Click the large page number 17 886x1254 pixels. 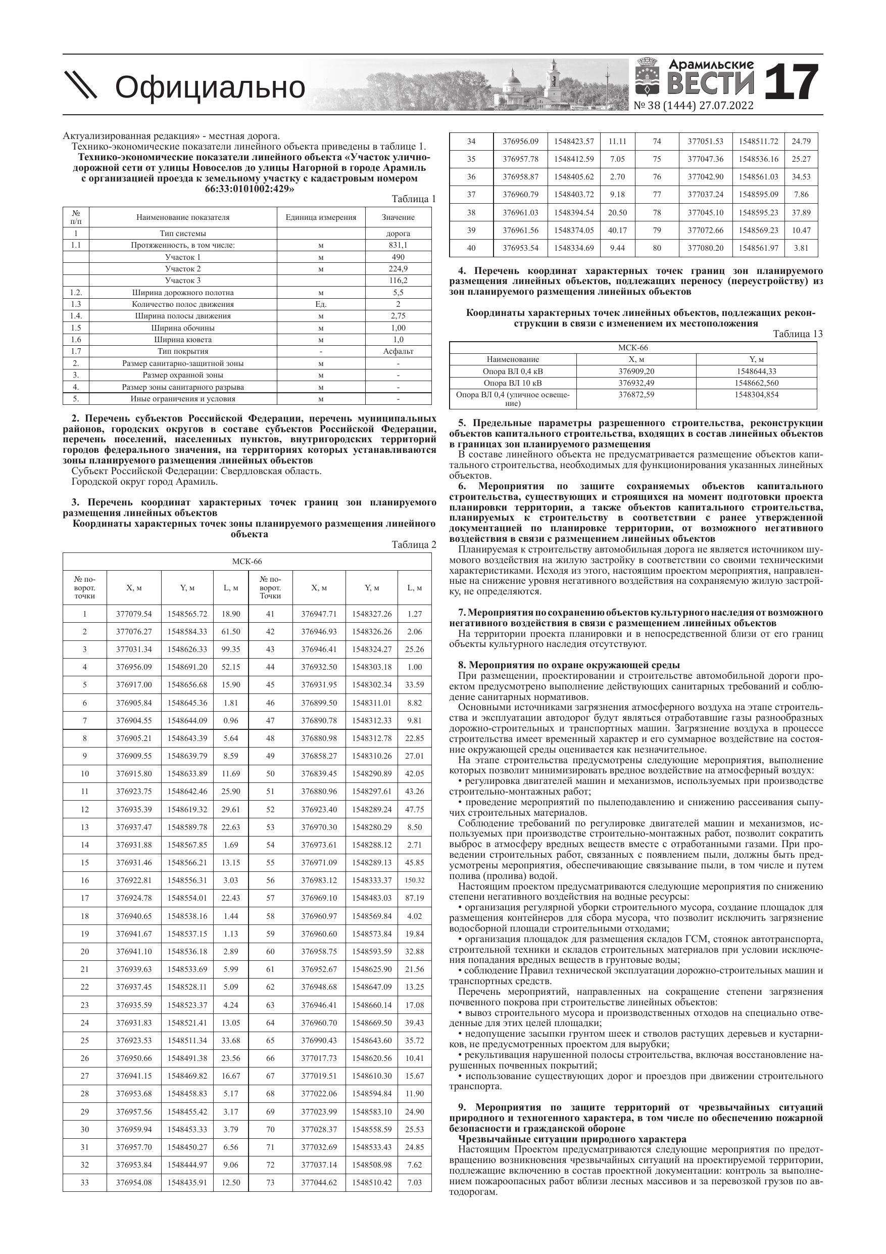tap(792, 83)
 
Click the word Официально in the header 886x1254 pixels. tap(210, 87)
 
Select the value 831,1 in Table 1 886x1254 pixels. tap(398, 245)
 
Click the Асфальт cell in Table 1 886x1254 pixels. tap(398, 351)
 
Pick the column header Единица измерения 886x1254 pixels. tap(320, 217)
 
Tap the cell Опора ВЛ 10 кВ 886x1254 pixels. tap(513, 383)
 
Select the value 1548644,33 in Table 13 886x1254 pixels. tap(756, 371)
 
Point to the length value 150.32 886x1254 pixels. tap(414, 880)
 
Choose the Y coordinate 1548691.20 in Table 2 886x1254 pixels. tap(187, 667)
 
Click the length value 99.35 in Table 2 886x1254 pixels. tap(231, 649)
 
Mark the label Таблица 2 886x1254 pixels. tap(414, 544)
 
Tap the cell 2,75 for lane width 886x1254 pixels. tap(398, 316)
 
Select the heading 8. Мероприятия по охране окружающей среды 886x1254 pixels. tap(569, 665)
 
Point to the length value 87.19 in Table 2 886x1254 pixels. tap(414, 898)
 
